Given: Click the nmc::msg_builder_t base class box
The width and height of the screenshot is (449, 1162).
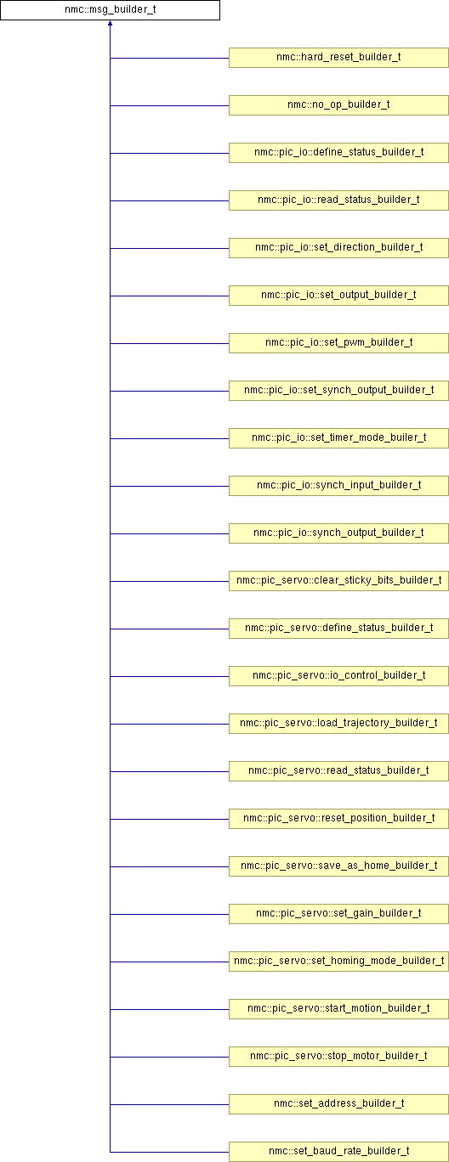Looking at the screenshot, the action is click(110, 10).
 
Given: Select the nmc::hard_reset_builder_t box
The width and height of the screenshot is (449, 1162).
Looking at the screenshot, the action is click(338, 58).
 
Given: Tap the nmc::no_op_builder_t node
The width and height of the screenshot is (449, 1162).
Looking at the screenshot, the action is click(338, 105).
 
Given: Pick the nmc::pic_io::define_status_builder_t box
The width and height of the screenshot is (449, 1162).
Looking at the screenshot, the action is click(338, 153).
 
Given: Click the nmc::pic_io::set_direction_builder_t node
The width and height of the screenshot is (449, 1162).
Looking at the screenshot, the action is click(338, 248).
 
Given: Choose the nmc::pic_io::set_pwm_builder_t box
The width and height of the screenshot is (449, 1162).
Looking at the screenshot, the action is click(338, 343).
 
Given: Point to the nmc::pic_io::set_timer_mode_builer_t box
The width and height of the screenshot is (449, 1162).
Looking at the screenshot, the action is click(338, 438).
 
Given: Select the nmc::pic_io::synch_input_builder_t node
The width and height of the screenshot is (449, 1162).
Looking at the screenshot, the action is click(338, 486).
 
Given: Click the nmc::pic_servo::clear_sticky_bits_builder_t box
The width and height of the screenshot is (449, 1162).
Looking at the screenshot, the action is click(338, 581).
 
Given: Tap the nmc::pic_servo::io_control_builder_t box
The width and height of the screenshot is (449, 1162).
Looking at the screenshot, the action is click(338, 676).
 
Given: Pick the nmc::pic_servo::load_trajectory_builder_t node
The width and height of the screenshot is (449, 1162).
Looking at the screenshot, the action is click(338, 724).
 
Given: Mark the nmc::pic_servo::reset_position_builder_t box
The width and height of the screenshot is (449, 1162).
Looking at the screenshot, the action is click(338, 819).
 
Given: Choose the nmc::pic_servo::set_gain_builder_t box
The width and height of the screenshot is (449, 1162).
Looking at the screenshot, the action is click(338, 913).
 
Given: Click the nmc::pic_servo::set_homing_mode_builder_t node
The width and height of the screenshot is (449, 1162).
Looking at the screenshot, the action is click(338, 962).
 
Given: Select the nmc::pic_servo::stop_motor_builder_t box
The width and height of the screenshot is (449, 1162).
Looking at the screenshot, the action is click(338, 1056).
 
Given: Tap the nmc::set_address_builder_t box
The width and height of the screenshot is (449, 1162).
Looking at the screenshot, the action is click(338, 1104).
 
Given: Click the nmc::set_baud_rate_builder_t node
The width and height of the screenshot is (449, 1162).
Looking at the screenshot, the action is click(338, 1152).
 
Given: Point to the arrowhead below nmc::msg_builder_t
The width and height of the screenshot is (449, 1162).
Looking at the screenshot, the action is click(110, 23).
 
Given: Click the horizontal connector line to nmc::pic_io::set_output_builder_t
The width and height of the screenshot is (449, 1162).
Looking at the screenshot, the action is click(170, 296).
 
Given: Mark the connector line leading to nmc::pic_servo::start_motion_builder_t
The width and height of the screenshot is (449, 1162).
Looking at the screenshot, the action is click(170, 1009).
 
